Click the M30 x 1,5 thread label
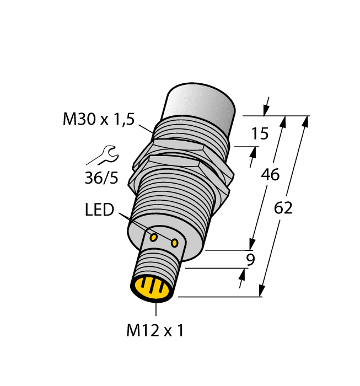98,119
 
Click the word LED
99,210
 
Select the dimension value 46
270,175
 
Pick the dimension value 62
283,208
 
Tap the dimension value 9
250,260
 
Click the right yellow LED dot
175,242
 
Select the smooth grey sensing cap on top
198,105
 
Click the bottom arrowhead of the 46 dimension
252,243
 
